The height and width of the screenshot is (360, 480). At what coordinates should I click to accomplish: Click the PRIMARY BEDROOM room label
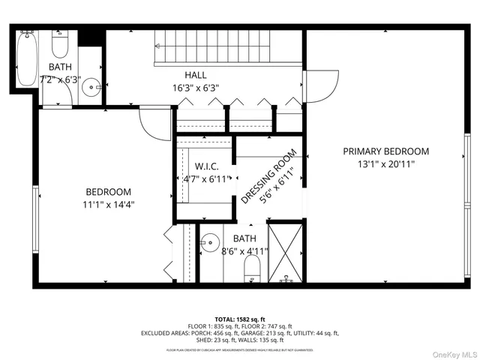(386, 151)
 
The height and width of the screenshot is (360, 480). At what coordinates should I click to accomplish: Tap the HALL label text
(196, 75)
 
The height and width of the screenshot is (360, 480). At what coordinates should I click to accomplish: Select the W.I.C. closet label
(205, 166)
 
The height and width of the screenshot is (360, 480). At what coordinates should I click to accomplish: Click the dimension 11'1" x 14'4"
(108, 203)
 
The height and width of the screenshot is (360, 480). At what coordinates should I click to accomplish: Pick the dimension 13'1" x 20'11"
(386, 163)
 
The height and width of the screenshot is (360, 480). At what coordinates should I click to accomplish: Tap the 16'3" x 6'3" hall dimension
(196, 87)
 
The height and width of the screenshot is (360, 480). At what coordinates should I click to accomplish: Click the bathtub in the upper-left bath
(26, 60)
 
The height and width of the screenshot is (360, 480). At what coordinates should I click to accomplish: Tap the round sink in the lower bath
(211, 242)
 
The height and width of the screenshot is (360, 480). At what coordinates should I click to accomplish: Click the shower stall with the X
(285, 253)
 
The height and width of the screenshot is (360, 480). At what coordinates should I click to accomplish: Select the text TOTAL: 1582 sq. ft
(240, 318)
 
